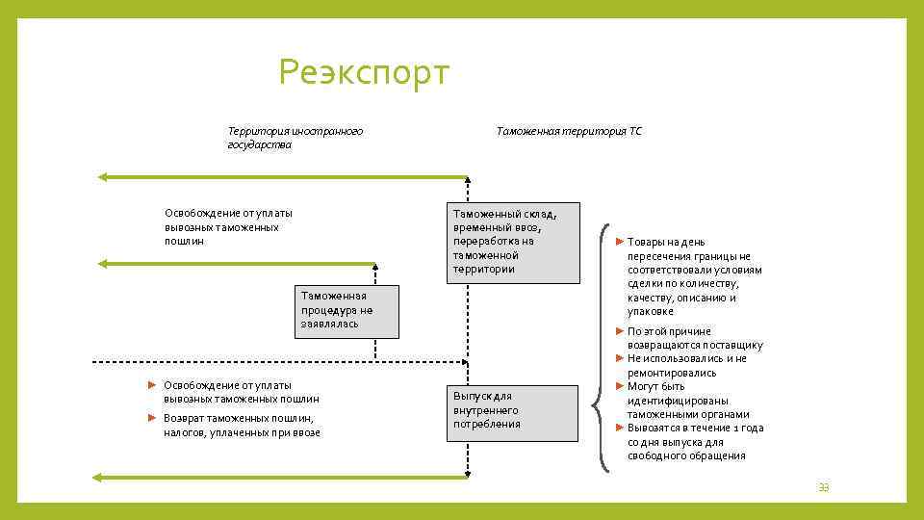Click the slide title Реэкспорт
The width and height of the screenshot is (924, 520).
tap(364, 72)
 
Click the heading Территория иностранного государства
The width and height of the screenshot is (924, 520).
tap(295, 138)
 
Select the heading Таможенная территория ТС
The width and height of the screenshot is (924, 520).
tap(568, 131)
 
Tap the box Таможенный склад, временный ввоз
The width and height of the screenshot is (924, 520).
tap(513, 242)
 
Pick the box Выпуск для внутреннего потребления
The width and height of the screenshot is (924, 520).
tap(513, 411)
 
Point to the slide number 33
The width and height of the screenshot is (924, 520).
tap(823, 487)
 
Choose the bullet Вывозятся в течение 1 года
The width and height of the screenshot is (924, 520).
tap(695, 442)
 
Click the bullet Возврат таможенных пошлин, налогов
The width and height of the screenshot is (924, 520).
tap(242, 426)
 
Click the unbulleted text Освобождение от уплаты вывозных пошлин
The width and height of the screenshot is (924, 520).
tap(228, 226)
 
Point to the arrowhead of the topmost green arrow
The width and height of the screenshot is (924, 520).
tap(101, 177)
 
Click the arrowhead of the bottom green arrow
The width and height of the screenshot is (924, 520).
tap(97, 477)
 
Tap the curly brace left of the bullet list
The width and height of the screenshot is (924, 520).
tap(602, 348)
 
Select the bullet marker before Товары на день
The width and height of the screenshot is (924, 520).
tap(620, 242)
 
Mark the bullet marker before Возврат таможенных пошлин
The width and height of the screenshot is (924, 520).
tap(152, 418)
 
